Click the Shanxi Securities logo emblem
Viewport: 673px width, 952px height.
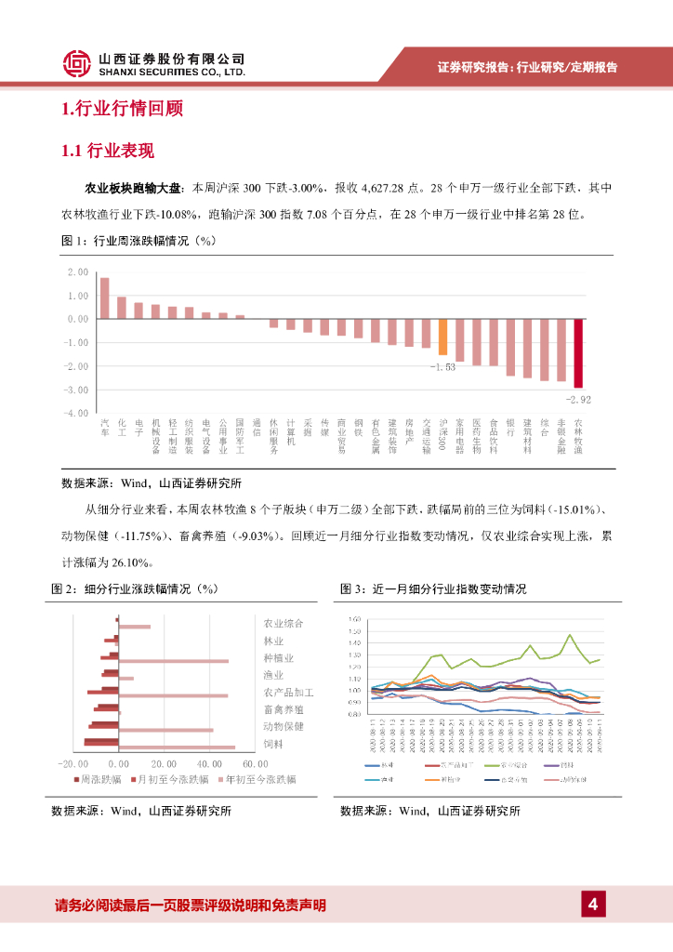[x=77, y=63]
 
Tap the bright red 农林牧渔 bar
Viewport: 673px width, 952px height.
[x=578, y=352]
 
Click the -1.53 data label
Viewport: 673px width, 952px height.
[x=442, y=367]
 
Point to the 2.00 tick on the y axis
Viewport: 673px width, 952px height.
[x=78, y=272]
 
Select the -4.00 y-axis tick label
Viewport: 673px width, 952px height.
[x=76, y=413]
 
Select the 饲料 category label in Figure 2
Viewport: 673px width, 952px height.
[x=272, y=745]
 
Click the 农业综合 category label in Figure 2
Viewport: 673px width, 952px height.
[x=284, y=623]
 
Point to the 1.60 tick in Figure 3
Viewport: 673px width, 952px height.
[x=352, y=619]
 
